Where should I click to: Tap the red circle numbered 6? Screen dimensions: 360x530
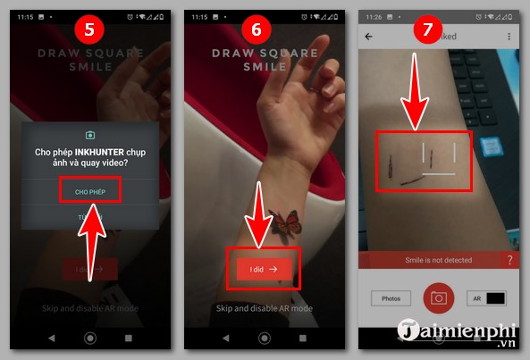click(257, 28)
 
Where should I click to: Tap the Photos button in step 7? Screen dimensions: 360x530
click(390, 299)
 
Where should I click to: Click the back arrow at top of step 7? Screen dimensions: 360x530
click(369, 37)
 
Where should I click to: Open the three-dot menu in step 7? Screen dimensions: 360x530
click(509, 37)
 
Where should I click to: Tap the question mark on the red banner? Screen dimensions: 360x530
click(509, 260)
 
